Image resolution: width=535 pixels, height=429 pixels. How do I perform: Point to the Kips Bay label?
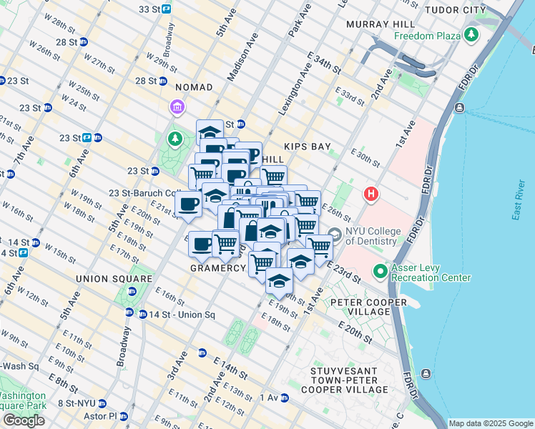coord(307,147)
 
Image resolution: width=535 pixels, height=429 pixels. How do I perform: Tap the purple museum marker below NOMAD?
coord(177,108)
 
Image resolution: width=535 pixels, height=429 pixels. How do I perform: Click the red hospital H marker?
coord(370,194)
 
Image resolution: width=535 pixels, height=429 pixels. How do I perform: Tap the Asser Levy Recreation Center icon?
coord(380,272)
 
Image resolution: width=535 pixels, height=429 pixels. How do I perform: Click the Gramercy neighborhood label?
coord(218,267)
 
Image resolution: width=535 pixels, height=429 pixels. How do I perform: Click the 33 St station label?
coord(149,9)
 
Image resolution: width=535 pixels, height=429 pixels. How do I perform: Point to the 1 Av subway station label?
coord(269,397)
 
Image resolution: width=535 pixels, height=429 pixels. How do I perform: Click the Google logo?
coord(24,420)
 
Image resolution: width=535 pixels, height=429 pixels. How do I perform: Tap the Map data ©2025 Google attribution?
coord(489,423)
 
